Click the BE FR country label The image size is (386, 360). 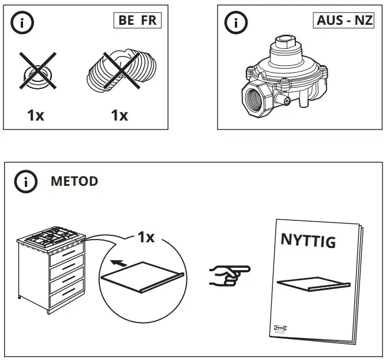[x=137, y=21]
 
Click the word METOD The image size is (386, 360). [x=74, y=181]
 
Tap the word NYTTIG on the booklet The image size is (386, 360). [x=308, y=241]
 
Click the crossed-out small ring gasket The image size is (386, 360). [x=35, y=73]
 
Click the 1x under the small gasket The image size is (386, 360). [x=35, y=115]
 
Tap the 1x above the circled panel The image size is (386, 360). [x=145, y=237]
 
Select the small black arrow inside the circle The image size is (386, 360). [x=118, y=262]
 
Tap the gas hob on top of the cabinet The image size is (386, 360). [x=51, y=237]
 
